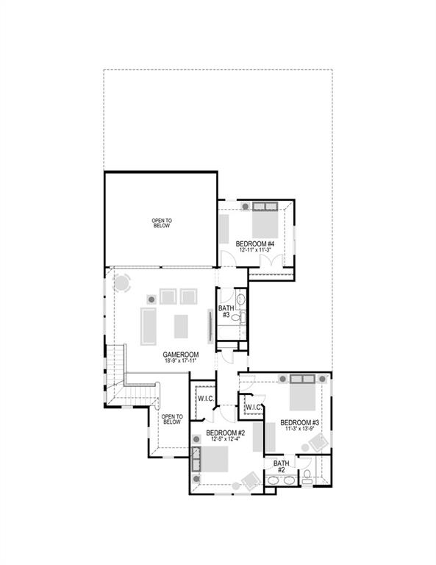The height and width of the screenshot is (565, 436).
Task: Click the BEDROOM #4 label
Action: [x=255, y=244]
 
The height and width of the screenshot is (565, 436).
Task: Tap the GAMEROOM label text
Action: [x=180, y=355]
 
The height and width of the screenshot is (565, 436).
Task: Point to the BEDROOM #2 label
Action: [x=225, y=433]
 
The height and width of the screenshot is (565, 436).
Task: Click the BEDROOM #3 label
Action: [x=299, y=422]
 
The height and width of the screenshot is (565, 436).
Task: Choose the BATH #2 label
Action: [x=282, y=466]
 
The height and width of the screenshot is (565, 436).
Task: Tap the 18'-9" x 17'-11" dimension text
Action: [x=180, y=361]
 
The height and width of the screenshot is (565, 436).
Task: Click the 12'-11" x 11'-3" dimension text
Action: [x=255, y=250]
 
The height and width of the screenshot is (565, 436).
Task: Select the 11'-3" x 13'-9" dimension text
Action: [x=299, y=429]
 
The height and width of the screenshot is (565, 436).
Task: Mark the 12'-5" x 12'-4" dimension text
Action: [x=225, y=439]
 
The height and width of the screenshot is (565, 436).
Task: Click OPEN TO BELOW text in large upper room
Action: [x=162, y=223]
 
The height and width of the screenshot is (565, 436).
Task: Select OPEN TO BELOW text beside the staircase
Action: [x=171, y=419]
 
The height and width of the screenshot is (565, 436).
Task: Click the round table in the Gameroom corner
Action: [x=122, y=282]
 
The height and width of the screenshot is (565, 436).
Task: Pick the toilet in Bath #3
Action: [x=241, y=318]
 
